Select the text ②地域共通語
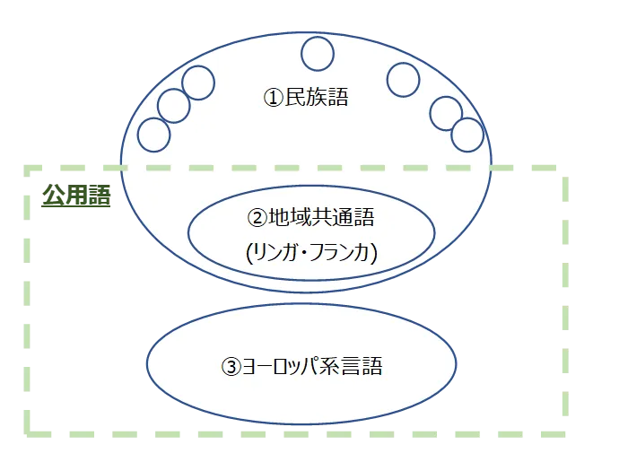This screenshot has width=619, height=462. pos(310,218)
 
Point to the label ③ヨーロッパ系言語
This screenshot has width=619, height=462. pos(301,366)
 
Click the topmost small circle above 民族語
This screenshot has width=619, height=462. pos(318,54)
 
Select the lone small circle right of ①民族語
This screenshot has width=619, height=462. pos(403,79)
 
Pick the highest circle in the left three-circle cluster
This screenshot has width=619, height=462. pos(198,83)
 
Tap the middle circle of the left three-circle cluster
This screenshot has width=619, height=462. pos(174,106)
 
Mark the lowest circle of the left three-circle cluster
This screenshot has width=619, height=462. pos(153,135)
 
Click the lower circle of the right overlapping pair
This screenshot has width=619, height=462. pos(467,135)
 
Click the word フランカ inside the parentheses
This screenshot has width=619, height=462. pos(342,254)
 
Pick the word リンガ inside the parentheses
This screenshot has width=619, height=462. pos(276,254)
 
